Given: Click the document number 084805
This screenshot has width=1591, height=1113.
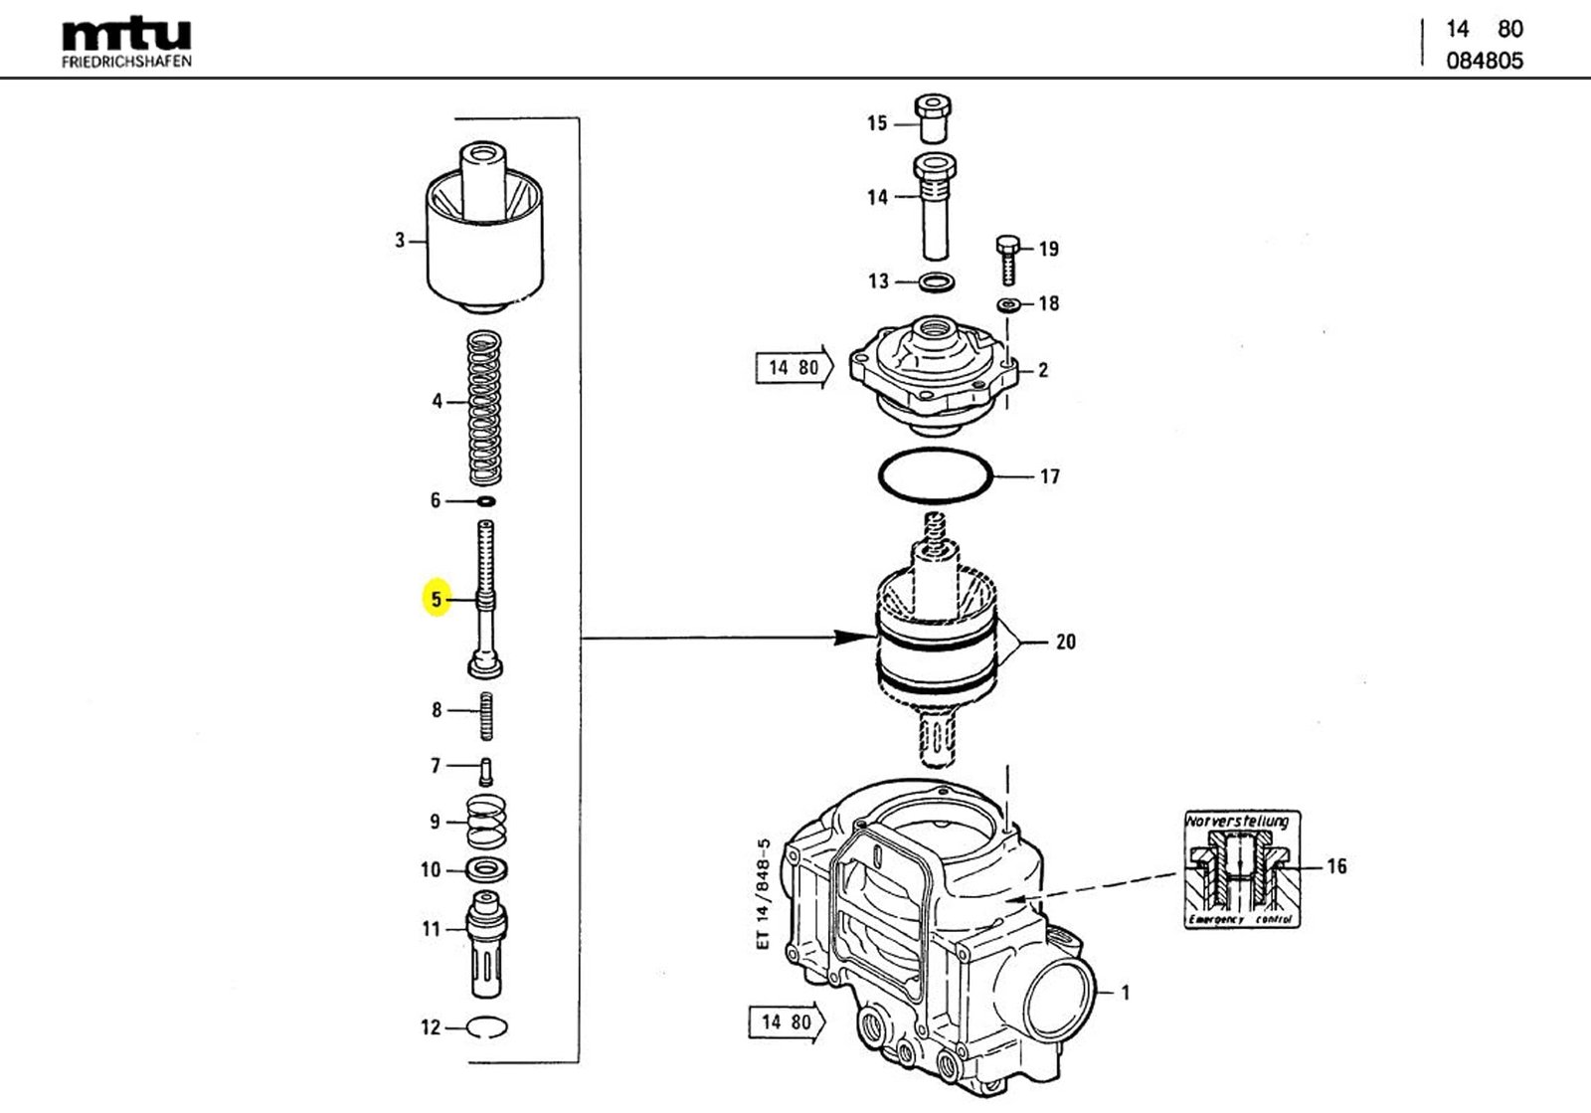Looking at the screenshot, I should (x=1484, y=61).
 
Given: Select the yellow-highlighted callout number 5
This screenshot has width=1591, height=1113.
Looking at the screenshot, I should (x=436, y=599).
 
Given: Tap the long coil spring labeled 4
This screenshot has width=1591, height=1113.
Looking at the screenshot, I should (x=484, y=403).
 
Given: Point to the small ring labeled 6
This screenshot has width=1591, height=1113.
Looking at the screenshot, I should (x=486, y=500).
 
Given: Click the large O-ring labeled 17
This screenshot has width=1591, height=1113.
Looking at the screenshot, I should (x=936, y=476).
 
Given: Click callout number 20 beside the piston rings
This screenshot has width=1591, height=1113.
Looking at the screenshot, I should (x=1065, y=642).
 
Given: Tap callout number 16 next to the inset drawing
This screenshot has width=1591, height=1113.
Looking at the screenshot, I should (x=1336, y=866).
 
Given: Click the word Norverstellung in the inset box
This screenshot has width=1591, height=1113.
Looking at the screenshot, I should (x=1237, y=822).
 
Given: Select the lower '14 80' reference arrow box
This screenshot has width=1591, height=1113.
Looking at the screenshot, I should (x=785, y=1022).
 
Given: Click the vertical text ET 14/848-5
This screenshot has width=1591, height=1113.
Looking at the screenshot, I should (x=763, y=892).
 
